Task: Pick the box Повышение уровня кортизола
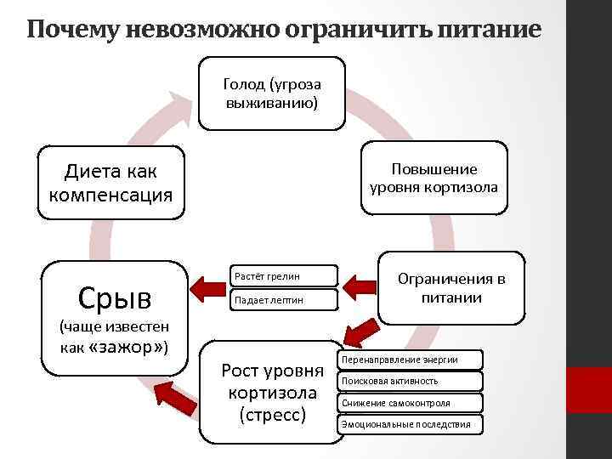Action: pyautogui.click(x=434, y=178)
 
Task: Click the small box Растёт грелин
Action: pyautogui.click(x=282, y=276)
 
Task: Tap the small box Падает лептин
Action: pyautogui.click(x=282, y=300)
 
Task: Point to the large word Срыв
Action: pyautogui.click(x=114, y=297)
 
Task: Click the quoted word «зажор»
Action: pyautogui.click(x=127, y=348)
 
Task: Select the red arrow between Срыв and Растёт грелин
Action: pyautogui.click(x=208, y=287)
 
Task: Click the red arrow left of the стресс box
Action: pyautogui.click(x=175, y=395)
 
